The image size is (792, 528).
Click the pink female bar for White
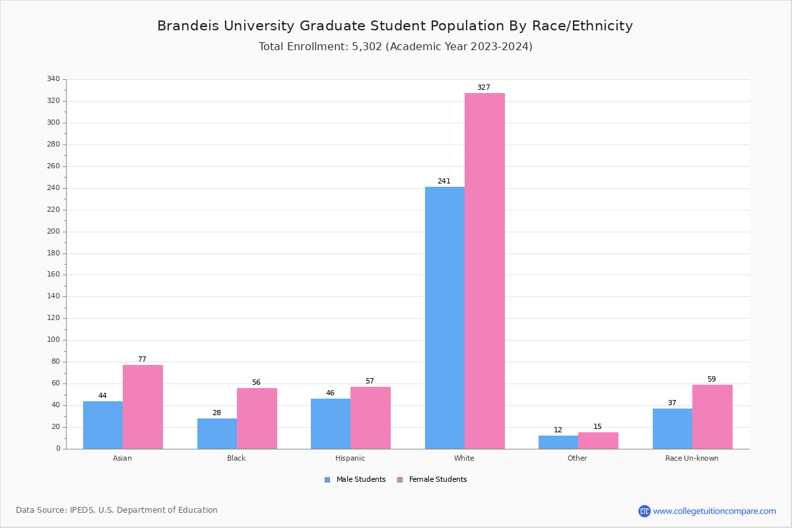point(484,271)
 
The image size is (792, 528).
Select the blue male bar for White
point(445,317)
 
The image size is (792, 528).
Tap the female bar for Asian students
point(143,407)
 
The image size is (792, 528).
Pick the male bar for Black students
point(217,434)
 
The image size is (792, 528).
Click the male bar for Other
point(558,442)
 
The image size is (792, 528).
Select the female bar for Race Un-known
point(712,416)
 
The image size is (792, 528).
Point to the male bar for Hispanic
point(331,424)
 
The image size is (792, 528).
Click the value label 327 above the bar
point(484,88)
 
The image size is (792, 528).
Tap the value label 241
point(444,181)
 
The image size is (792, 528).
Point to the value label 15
point(597,427)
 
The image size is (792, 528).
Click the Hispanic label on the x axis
point(350,458)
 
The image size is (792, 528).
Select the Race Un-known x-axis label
point(692,458)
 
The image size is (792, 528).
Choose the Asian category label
point(122,458)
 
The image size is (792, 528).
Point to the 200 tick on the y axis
point(53,232)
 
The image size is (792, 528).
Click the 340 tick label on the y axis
point(53,79)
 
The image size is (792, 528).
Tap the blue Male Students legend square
point(327,480)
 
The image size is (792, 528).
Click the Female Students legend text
point(438,480)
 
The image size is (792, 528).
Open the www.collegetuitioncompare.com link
point(714,511)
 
